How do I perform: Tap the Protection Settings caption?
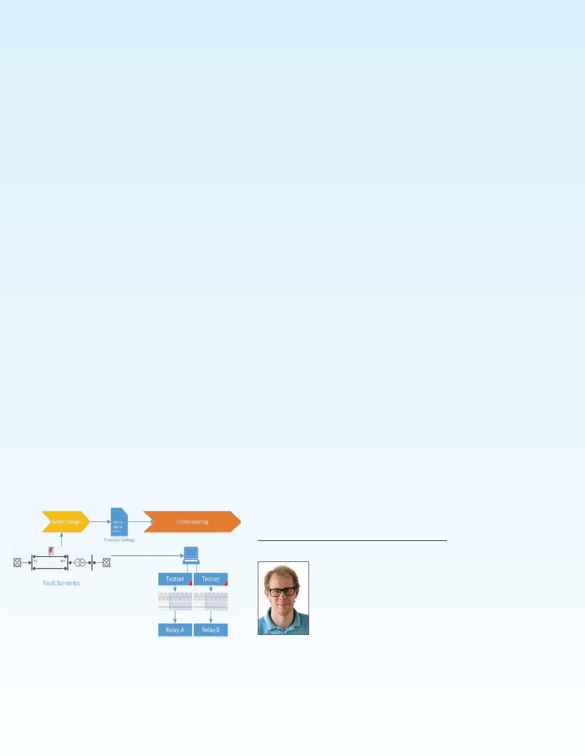click(x=119, y=540)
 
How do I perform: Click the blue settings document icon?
click(x=119, y=522)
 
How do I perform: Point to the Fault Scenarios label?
click(x=61, y=583)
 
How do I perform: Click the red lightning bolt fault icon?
click(x=51, y=551)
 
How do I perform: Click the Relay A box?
click(x=175, y=630)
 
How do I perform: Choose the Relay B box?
click(x=210, y=630)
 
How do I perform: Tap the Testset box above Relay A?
click(x=175, y=579)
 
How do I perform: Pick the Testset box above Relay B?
click(x=210, y=579)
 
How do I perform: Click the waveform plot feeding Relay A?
click(x=175, y=601)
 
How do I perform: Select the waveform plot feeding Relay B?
click(x=210, y=601)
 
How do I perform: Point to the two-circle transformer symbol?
click(x=80, y=562)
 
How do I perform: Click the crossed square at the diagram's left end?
click(x=17, y=562)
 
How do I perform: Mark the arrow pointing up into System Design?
click(x=62, y=539)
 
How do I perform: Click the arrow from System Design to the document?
click(x=100, y=522)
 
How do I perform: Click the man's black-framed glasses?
click(x=282, y=592)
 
